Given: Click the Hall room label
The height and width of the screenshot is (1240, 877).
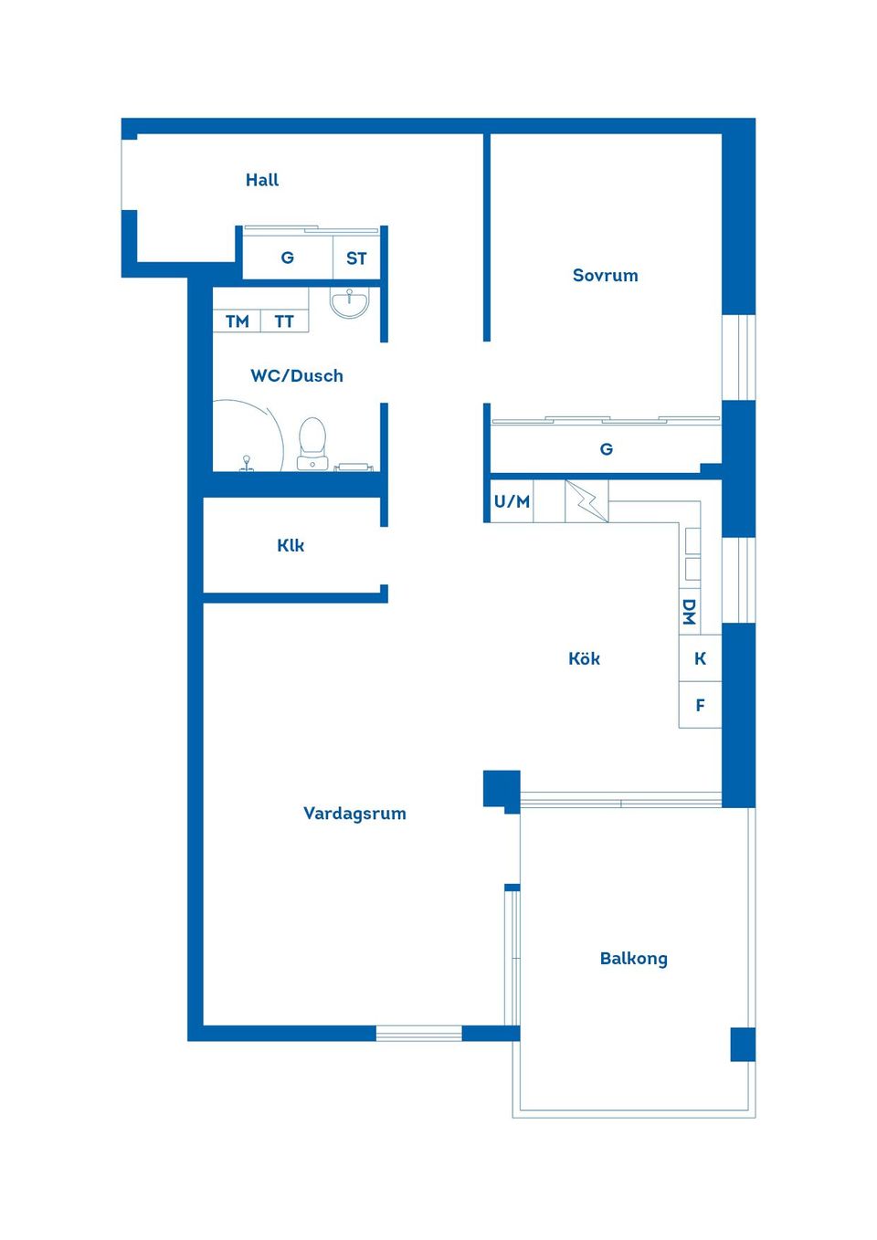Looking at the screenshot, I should tap(262, 180).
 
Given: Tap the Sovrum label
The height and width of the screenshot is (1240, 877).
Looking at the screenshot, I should tap(605, 275).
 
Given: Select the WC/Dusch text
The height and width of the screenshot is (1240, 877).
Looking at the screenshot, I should tap(297, 375).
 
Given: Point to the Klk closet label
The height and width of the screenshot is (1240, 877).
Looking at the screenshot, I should tap(291, 545).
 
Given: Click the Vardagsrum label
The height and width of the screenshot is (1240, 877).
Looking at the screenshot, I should tap(354, 813).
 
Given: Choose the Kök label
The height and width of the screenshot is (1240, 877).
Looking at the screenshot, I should tap(584, 658).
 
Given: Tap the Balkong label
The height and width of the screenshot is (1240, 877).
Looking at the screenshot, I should tap(633, 958).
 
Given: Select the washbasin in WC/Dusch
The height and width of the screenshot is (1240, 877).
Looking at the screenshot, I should tap(349, 302).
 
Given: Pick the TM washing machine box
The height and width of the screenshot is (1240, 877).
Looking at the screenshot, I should tap(237, 321).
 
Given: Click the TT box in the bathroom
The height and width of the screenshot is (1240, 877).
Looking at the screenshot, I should tap(284, 321).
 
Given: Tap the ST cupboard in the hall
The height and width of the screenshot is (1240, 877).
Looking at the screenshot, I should tap(356, 258).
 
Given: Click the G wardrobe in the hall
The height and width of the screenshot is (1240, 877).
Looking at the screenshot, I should tap(287, 257).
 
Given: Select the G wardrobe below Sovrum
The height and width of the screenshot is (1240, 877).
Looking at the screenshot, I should tap(606, 448).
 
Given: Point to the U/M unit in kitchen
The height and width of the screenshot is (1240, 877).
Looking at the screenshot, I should tap(512, 501).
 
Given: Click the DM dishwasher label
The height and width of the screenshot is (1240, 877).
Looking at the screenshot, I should tap(690, 612).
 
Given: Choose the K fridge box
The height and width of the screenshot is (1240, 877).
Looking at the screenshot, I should tap(700, 658).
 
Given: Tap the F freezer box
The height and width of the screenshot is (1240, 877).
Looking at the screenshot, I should tap(700, 705).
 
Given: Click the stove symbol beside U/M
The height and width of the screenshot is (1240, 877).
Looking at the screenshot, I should tap(586, 501).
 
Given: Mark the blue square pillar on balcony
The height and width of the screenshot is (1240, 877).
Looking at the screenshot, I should tap(743, 1044).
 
